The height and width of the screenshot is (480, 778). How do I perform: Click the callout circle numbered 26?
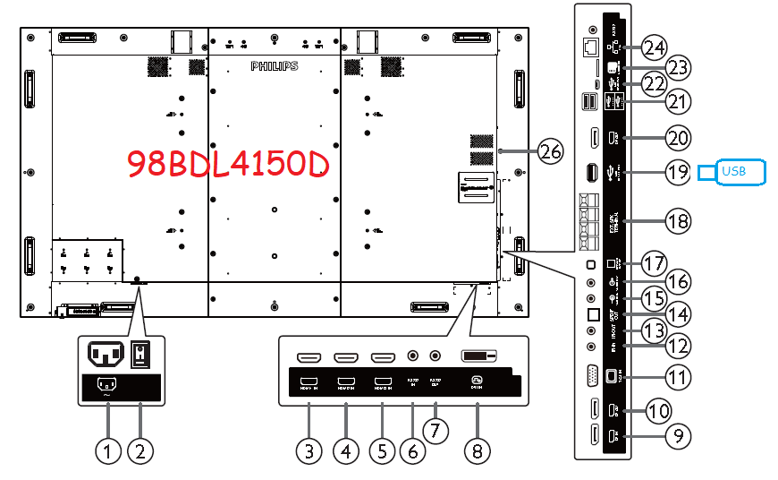click(551, 152)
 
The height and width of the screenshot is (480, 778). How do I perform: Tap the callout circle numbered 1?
click(107, 451)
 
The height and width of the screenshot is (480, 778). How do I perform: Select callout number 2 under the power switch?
click(140, 451)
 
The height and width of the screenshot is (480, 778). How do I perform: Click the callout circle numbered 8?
click(478, 451)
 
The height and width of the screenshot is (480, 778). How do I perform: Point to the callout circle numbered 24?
click(655, 47)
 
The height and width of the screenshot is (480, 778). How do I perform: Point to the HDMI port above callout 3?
click(308, 356)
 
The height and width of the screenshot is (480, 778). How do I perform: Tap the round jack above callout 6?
click(412, 356)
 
